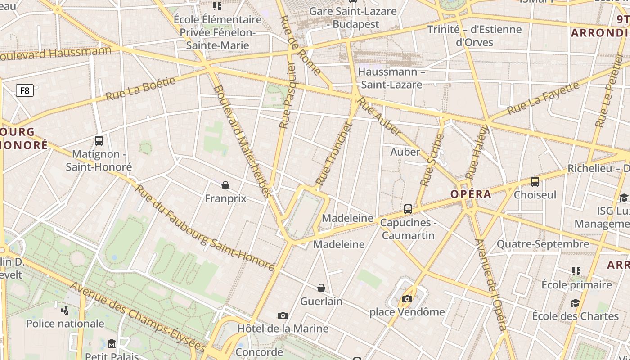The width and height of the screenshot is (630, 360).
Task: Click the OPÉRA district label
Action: coord(471,194)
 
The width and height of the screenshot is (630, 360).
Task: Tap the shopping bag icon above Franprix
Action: coord(225,185)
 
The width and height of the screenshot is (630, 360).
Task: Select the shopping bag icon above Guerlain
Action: coord(321,288)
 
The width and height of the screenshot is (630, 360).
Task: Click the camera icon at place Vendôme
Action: coord(407,299)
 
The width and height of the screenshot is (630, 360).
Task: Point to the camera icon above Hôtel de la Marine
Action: coord(283,316)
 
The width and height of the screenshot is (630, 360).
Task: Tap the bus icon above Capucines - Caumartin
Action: coord(408,209)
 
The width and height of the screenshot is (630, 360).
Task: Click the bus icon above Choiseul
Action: coord(535,182)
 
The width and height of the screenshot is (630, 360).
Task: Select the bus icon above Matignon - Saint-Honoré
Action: coord(99,141)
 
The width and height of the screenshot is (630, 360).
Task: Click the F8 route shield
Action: coord(25,90)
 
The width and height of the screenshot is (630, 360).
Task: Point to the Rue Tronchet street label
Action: coord(333,154)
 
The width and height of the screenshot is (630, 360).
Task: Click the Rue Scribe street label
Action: coord(432,160)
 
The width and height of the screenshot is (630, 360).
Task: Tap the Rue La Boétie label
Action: coord(140,89)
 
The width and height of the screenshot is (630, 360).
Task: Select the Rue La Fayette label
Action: coord(543,98)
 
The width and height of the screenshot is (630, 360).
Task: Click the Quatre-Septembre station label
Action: coord(543,244)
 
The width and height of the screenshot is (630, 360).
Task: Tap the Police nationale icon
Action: coord(65,310)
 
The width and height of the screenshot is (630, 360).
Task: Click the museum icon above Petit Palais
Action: coord(112,344)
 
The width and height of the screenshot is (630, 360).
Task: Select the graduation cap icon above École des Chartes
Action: coord(575,303)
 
